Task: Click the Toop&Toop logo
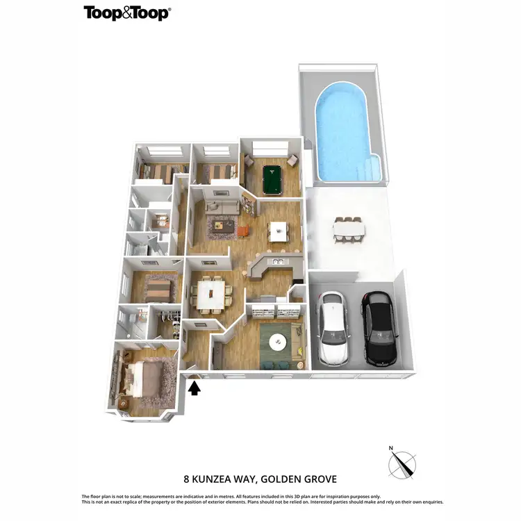coord(127,13)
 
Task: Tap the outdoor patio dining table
coord(348,229)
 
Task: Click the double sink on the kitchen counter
coord(276,262)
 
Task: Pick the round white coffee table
coord(279,340)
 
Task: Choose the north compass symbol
coord(403,462)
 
